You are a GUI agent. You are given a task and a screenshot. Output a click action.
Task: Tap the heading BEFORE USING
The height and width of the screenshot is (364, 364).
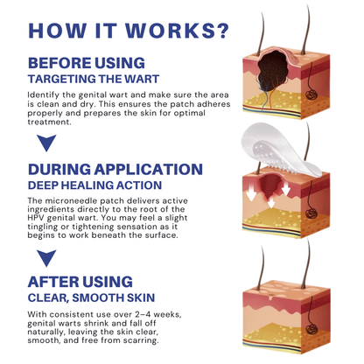coord(86,63)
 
